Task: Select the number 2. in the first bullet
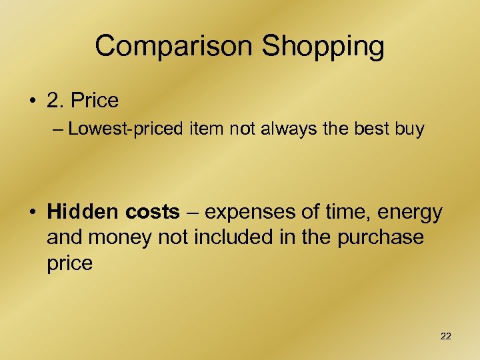point(56,101)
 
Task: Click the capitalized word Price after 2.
point(95,101)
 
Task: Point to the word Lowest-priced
point(125,129)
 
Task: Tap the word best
point(376,129)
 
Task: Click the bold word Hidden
point(81,212)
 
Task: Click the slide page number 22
point(445,337)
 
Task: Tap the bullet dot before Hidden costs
point(31,213)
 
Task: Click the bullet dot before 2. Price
point(31,101)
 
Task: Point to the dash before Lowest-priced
point(57,129)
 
